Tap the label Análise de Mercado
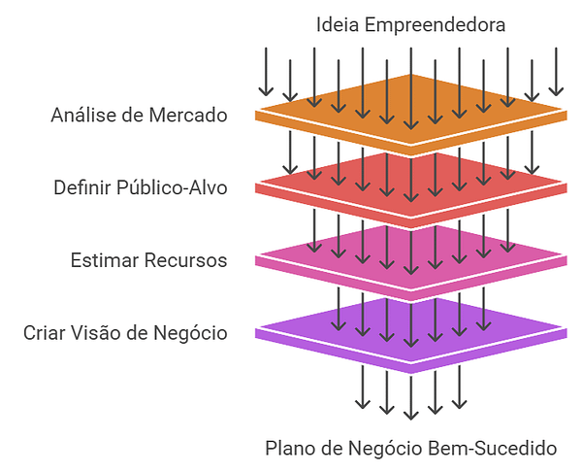[139, 116]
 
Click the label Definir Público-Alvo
[141, 187]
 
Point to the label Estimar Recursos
[148, 260]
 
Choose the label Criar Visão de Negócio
[125, 333]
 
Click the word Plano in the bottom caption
[288, 449]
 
